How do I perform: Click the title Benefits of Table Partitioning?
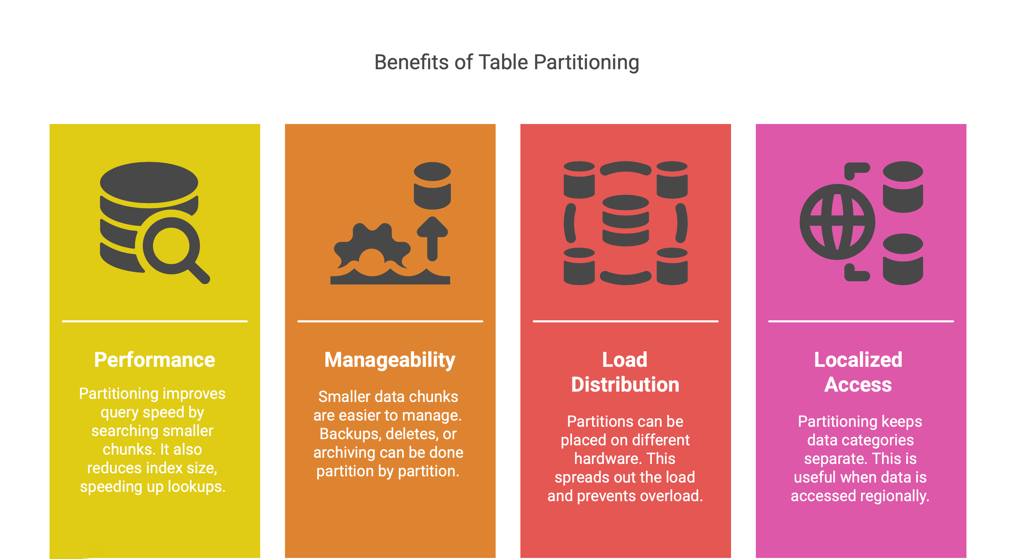pos(506,62)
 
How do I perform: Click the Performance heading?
pos(155,360)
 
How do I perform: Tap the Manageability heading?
pos(390,360)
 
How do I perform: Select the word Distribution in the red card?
pos(625,384)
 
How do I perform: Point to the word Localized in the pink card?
pos(858,360)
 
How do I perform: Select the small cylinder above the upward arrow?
pos(432,185)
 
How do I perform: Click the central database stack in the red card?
pos(625,220)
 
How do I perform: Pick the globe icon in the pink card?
pos(837,222)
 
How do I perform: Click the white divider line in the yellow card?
pos(155,321)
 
